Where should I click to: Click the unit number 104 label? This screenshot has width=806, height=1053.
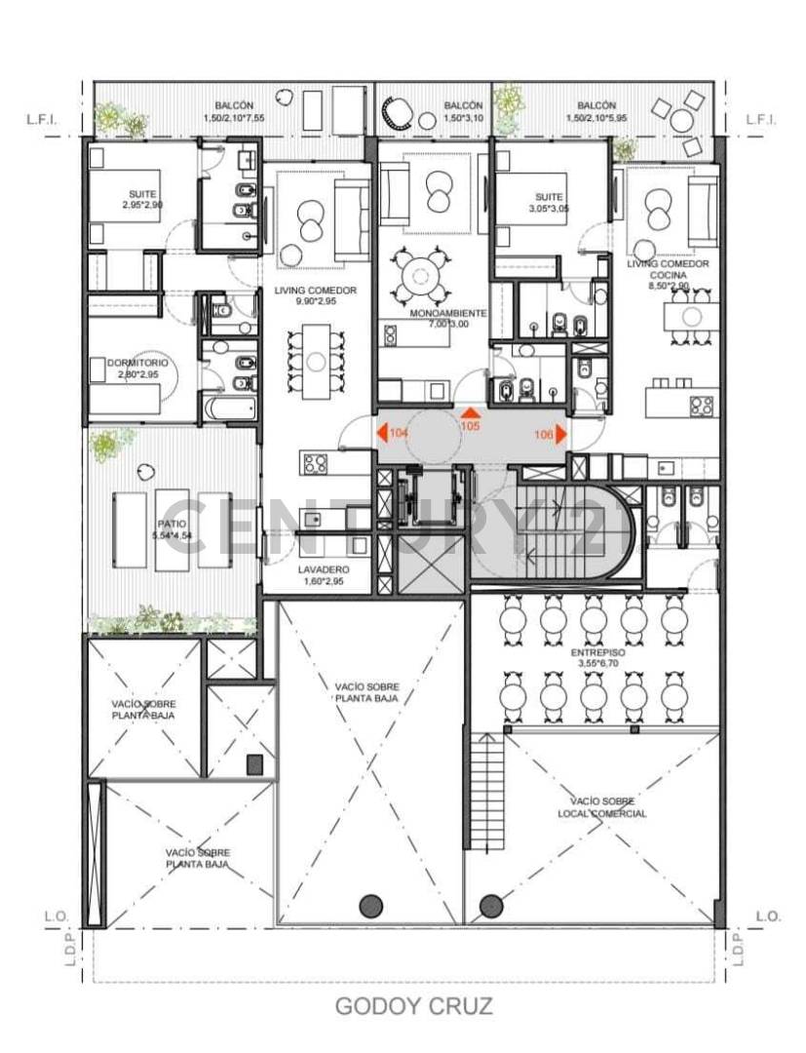pos(398,432)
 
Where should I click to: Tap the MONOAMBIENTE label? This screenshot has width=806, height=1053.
pos(448,313)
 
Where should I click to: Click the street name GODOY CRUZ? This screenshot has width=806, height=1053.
pos(414,1007)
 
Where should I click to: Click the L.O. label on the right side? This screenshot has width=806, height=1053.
pos(767,916)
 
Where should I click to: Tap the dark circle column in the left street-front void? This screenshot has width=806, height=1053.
pos(370,906)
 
